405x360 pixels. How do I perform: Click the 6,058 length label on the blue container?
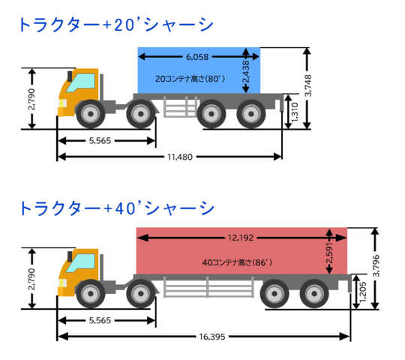[197, 57]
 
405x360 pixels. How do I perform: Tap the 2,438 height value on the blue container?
[246, 71]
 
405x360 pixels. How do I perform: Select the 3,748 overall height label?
[308, 85]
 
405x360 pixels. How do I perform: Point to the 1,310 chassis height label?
[295, 112]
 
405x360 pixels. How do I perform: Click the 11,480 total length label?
[180, 157]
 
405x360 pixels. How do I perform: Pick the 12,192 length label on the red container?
[241, 238]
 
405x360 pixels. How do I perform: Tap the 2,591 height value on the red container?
[329, 253]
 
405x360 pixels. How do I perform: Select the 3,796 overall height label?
[376, 266]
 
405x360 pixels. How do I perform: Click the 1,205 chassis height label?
[363, 292]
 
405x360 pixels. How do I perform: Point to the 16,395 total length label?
[212, 337]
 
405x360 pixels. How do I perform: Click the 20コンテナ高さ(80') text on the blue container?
[190, 79]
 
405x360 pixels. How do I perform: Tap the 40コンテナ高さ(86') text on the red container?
[237, 262]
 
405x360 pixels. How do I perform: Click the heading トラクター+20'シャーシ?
[116, 25]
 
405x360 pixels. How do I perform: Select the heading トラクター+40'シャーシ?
[117, 208]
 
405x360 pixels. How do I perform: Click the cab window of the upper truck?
[80, 83]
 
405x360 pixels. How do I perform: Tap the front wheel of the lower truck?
[91, 294]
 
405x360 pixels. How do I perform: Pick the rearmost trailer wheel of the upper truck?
[251, 114]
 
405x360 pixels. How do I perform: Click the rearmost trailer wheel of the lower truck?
[314, 294]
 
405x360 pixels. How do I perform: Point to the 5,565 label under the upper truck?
[100, 141]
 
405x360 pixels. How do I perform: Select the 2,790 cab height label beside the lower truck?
[31, 279]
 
